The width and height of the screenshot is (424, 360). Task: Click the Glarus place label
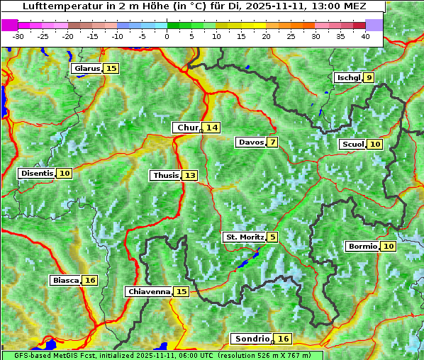click(x=86, y=69)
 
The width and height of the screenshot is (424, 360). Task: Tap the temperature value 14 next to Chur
click(x=212, y=128)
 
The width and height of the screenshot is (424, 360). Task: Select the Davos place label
click(x=251, y=142)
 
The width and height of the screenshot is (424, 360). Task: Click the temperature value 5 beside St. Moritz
click(x=273, y=237)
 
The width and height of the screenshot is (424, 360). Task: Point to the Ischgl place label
click(x=347, y=78)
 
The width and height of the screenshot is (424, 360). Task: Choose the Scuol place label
click(x=352, y=145)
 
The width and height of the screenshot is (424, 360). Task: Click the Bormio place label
click(x=362, y=247)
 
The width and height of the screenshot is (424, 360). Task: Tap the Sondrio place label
click(x=252, y=339)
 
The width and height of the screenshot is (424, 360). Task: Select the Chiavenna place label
click(x=149, y=291)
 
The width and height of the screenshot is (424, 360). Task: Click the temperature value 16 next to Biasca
click(x=89, y=281)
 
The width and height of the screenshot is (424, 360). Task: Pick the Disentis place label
click(x=37, y=173)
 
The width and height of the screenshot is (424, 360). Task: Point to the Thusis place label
click(x=165, y=175)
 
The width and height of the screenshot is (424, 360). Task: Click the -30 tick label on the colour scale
click(x=18, y=36)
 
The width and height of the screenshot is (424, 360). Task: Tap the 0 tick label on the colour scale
click(x=167, y=36)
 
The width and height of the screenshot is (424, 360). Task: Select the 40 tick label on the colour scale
click(x=365, y=36)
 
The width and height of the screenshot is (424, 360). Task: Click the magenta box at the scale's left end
click(x=10, y=25)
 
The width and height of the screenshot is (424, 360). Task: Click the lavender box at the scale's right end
click(x=374, y=25)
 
